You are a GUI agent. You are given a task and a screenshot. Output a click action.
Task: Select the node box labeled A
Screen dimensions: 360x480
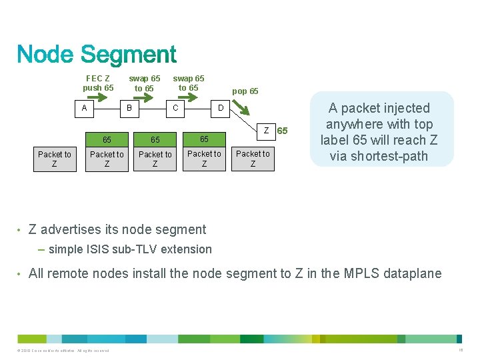pos(84,107)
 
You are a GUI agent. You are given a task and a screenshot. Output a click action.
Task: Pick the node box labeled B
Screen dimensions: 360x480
pos(129,107)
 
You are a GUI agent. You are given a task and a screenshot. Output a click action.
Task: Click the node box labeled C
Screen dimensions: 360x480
pos(175,107)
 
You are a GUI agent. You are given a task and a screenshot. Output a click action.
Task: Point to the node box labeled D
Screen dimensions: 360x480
pos(221,107)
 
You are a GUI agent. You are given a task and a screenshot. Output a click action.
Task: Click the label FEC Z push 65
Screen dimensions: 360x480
pos(98,83)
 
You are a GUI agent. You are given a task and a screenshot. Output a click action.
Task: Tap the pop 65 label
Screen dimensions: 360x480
pos(245,91)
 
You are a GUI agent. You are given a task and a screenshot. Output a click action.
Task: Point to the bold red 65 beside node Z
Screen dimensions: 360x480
pos(283,131)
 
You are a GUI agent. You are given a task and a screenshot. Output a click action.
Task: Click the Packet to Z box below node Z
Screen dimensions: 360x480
pos(253,159)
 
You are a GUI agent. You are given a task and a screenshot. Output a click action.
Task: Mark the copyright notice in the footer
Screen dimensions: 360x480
pos(60,351)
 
